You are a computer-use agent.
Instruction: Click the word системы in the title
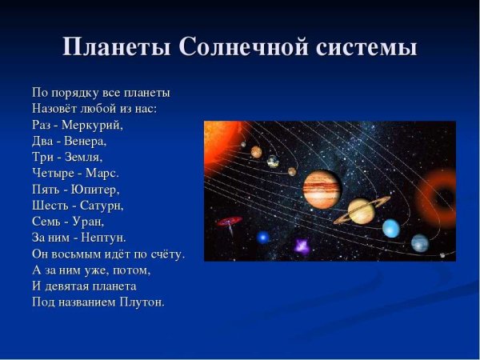click(363, 47)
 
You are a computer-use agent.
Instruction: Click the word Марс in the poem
click(103, 173)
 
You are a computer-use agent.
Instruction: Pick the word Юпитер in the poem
click(94, 190)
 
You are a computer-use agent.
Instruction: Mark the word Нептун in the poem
click(105, 238)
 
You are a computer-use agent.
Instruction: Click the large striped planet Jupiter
click(322, 190)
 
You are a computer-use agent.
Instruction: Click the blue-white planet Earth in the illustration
click(273, 161)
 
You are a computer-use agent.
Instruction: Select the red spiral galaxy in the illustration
click(230, 220)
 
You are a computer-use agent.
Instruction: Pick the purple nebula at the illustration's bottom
click(302, 246)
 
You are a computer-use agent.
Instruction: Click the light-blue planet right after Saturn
click(390, 229)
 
